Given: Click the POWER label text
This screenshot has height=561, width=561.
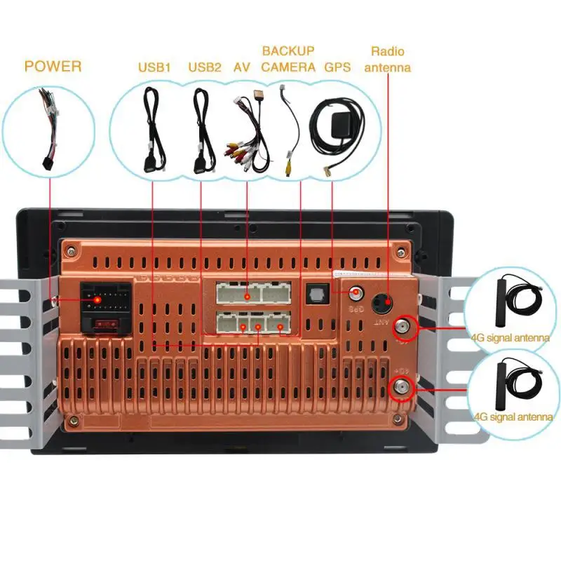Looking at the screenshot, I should coord(53,67).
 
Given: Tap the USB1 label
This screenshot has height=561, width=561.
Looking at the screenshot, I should coord(154,68).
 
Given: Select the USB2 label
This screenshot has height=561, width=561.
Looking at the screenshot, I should coord(205,68).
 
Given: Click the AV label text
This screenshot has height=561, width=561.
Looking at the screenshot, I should coord(242,68).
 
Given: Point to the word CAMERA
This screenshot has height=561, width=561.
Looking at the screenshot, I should coord(288,68).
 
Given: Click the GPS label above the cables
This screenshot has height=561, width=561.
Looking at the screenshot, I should coord(337,68).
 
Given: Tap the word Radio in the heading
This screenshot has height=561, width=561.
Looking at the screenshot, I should coord(388,51).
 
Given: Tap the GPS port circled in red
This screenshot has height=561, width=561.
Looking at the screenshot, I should coord(357,295).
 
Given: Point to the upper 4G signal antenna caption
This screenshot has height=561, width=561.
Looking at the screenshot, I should coord(511,338).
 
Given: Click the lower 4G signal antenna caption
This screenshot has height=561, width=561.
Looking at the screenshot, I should coord(513,417).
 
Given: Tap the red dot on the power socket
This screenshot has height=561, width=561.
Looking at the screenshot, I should coord(97,299).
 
